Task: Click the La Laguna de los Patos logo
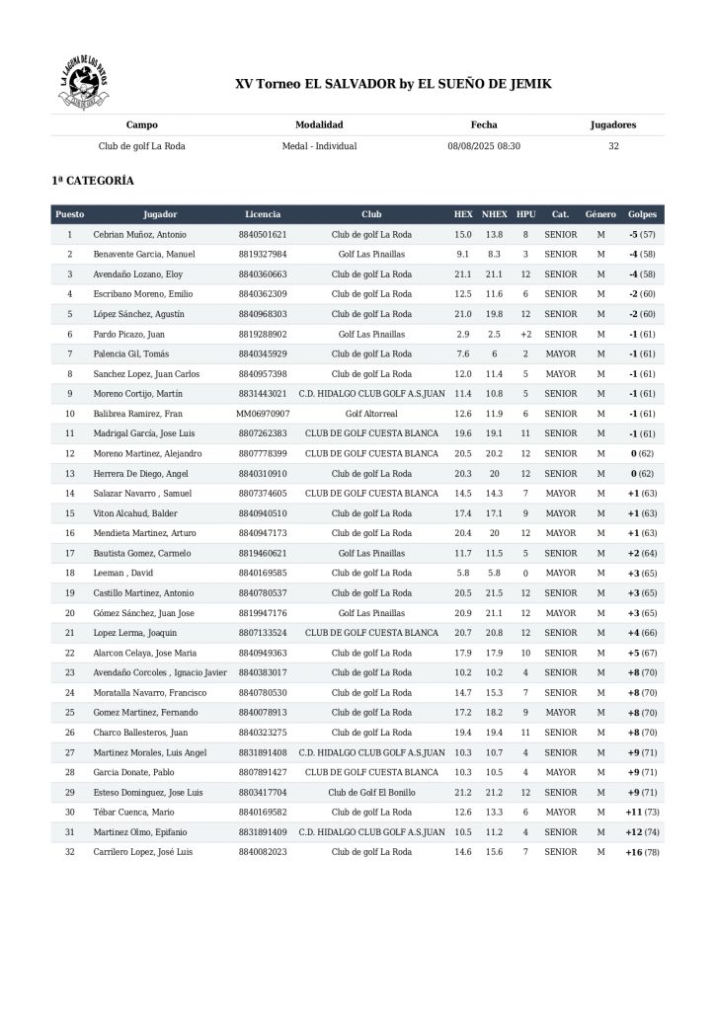tap(84, 84)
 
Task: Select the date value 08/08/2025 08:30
tap(484, 146)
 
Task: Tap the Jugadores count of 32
tap(613, 146)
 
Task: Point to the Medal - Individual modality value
tap(319, 146)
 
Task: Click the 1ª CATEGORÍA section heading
tap(93, 181)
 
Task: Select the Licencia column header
tap(263, 214)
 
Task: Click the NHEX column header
tap(495, 214)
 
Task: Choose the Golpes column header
tap(641, 214)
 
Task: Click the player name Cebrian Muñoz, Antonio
tap(140, 235)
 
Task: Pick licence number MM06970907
tap(263, 414)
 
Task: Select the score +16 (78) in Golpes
tap(641, 851)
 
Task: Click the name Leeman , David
tap(123, 573)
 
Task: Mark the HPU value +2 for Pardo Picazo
tap(525, 335)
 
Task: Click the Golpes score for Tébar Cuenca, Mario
tap(641, 812)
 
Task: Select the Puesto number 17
tap(70, 553)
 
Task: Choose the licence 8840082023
tap(263, 851)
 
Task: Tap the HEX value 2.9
tap(463, 335)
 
